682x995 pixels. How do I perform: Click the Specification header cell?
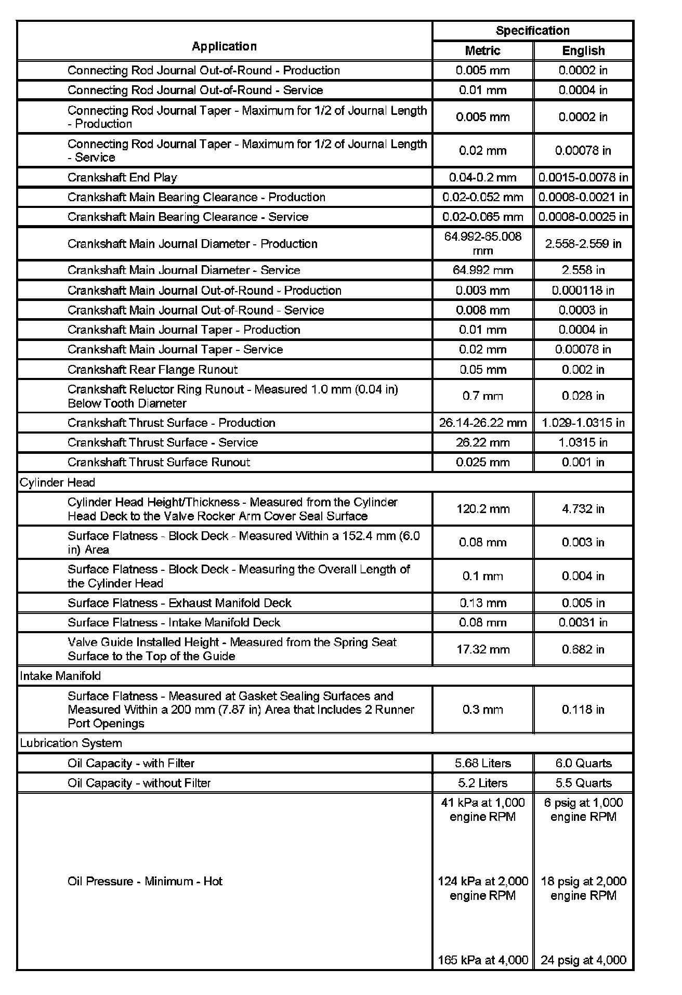coord(532,31)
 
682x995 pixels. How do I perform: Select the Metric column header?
coord(482,50)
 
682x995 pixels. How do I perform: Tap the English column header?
coord(583,50)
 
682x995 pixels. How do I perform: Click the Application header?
coord(224,46)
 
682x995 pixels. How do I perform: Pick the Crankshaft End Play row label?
coord(122,177)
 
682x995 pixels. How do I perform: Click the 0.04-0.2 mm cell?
coord(482,177)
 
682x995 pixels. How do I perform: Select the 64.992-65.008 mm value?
coord(482,243)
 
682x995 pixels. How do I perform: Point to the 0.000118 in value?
coord(583,290)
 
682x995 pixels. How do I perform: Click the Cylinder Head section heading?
coord(57,482)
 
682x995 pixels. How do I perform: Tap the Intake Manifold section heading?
coord(60,676)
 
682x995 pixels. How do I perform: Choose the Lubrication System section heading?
coord(71,743)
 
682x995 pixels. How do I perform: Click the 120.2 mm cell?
coord(482,509)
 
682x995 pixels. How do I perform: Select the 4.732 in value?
coord(583,509)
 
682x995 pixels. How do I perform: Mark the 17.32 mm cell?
coord(482,649)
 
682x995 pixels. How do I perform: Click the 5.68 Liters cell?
coord(482,763)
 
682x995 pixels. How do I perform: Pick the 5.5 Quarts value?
coord(583,783)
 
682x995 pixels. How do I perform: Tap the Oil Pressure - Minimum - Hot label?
coord(145,881)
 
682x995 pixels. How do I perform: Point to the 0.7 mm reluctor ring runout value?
coord(482,396)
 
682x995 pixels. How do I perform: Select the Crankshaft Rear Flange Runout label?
coord(152,370)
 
